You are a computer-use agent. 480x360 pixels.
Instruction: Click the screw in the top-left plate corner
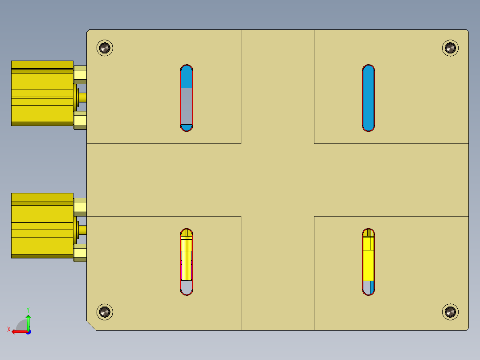point(105,47)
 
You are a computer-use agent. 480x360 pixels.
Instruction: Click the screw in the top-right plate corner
point(450,48)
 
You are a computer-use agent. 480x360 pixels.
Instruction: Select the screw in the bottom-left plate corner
point(105,312)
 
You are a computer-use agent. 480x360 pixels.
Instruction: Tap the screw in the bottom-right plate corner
point(450,312)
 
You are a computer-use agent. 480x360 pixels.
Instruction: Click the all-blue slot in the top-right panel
point(368,98)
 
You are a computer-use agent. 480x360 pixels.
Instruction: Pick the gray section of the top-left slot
point(187,106)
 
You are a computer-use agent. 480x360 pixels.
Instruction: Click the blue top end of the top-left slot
point(187,77)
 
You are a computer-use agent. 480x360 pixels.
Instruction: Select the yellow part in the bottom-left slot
point(186,258)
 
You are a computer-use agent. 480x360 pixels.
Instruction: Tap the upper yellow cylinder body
point(42,93)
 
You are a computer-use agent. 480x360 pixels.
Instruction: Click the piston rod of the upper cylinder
point(82,98)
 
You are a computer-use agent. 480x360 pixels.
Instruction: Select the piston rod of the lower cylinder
point(82,230)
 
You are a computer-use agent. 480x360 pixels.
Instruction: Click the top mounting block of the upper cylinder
point(80,74)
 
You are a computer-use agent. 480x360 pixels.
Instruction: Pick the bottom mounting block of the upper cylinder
point(80,120)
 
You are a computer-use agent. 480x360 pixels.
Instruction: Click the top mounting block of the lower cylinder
point(80,207)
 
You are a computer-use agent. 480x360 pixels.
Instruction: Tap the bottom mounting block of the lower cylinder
point(80,253)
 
